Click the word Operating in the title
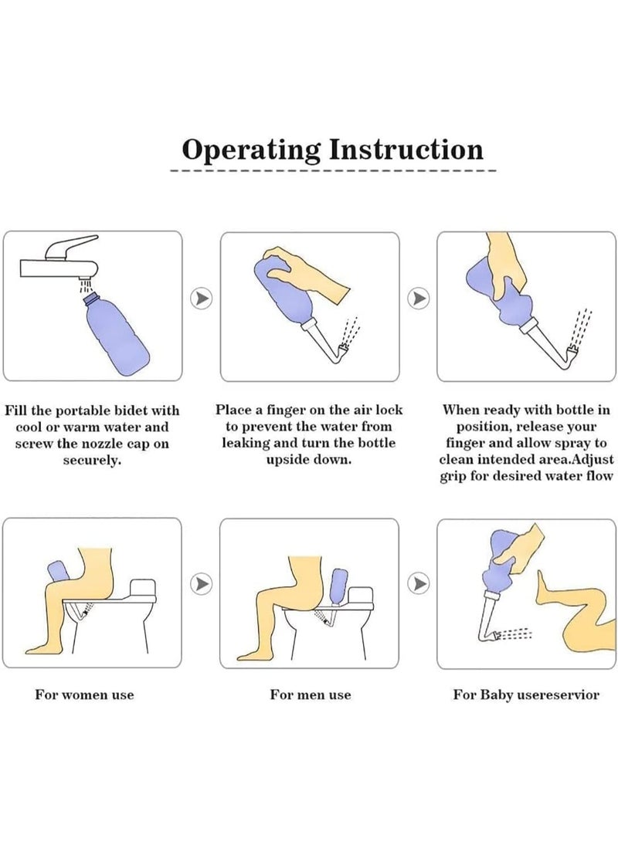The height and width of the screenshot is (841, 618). click(x=251, y=150)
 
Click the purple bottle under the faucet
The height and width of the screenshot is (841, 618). click(x=117, y=332)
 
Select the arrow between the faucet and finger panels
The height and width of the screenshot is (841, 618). click(x=202, y=299)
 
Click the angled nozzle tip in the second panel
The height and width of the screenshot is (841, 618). click(x=345, y=353)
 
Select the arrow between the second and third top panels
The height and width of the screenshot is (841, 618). click(x=419, y=299)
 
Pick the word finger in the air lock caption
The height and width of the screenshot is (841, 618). click(x=280, y=410)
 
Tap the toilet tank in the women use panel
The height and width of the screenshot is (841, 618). click(x=142, y=589)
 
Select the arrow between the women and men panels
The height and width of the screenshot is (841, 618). click(x=202, y=583)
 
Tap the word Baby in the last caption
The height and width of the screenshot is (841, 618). click(x=496, y=694)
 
